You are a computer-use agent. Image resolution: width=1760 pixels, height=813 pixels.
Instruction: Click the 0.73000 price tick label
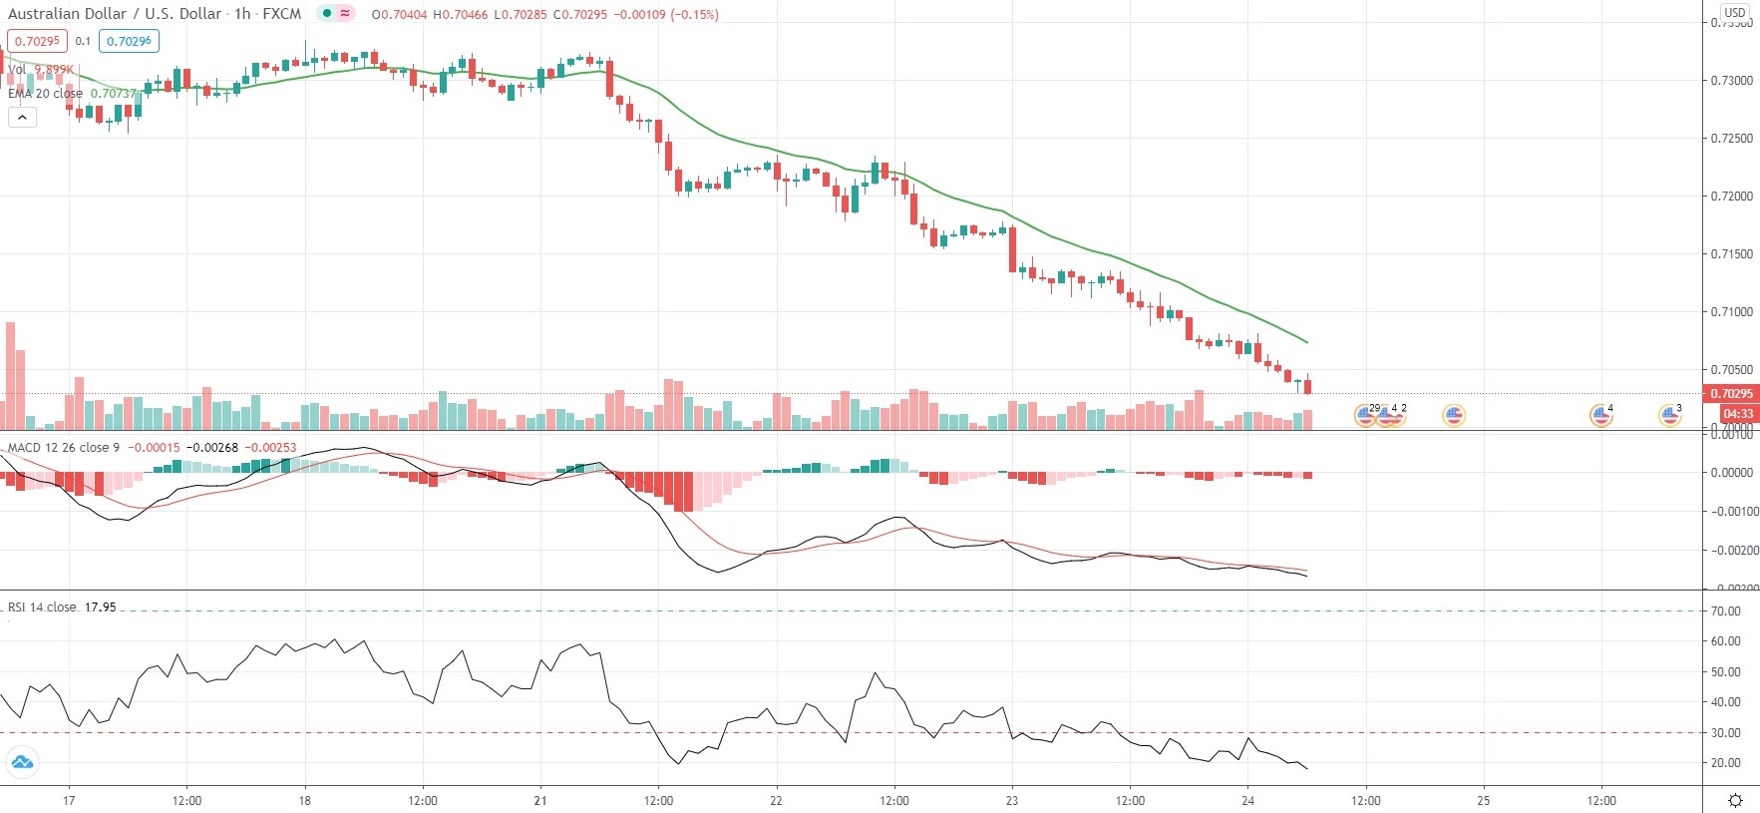(1731, 80)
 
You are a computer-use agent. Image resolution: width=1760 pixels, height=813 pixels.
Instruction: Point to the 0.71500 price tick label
(1731, 254)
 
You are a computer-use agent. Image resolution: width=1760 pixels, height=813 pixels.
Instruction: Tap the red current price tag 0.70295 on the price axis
(1731, 394)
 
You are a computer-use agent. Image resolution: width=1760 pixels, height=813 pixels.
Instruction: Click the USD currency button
(1735, 13)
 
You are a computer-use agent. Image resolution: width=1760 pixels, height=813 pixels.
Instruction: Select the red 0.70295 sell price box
(37, 41)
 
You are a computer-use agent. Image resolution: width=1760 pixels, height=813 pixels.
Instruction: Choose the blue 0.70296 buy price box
(129, 41)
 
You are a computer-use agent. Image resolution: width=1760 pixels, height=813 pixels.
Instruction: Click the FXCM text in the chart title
(282, 14)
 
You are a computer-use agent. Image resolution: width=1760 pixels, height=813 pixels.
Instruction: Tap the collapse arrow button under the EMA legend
(22, 117)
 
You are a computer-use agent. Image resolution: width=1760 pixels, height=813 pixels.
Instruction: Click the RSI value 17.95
(101, 607)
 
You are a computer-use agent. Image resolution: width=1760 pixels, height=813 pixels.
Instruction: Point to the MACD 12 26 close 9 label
(64, 448)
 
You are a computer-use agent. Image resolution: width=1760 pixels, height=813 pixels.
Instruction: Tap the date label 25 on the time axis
(1484, 801)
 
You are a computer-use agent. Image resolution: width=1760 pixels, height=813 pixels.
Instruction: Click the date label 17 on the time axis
(69, 801)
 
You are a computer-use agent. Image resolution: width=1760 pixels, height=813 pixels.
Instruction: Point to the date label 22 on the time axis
(776, 801)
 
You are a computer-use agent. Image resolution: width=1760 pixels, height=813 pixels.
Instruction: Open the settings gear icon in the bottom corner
(1735, 800)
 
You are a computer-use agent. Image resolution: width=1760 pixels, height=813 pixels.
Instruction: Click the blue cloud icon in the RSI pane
(22, 763)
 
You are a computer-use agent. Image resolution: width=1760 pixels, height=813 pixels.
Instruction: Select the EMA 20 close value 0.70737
(113, 94)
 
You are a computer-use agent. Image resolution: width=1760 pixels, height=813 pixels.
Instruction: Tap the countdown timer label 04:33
(1738, 414)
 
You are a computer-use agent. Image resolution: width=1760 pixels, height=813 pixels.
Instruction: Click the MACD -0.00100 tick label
(1731, 512)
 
